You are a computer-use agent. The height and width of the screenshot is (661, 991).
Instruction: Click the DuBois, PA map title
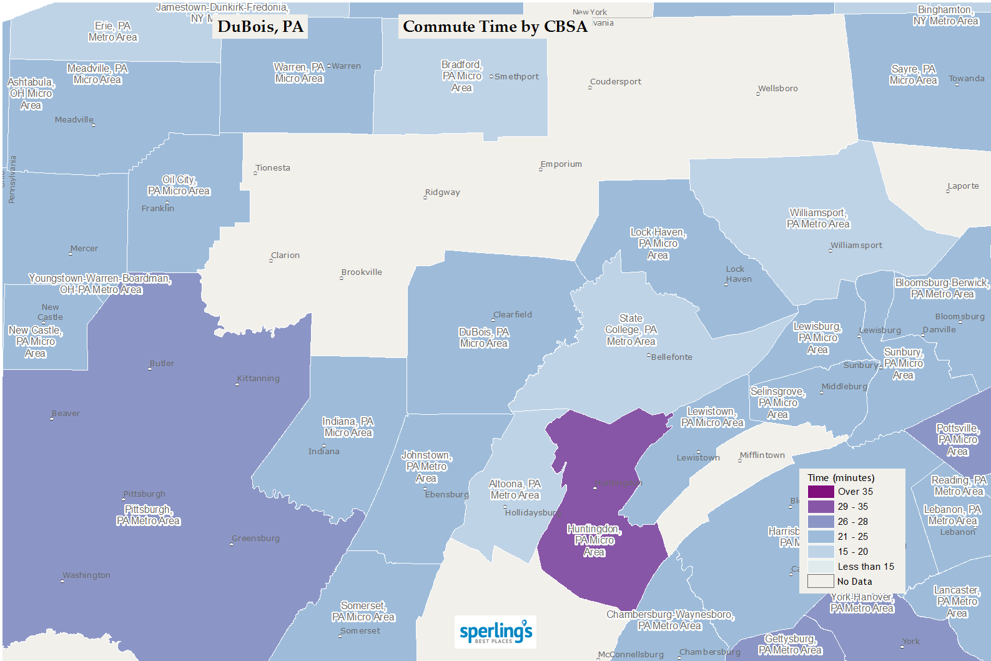pyautogui.click(x=260, y=27)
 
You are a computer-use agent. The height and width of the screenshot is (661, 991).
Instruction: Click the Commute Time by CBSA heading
pyautogui.click(x=495, y=27)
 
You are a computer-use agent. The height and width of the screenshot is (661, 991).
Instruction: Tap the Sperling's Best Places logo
pyautogui.click(x=496, y=632)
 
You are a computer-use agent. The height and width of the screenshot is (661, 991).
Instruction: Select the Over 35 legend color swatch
pyautogui.click(x=821, y=492)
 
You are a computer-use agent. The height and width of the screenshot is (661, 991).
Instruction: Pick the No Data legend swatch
pyautogui.click(x=821, y=582)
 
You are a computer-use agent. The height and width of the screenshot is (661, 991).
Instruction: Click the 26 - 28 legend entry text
pyautogui.click(x=852, y=522)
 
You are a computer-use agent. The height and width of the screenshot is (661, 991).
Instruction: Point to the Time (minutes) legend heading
pyautogui.click(x=841, y=477)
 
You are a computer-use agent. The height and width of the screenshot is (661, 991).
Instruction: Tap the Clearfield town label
pyautogui.click(x=513, y=315)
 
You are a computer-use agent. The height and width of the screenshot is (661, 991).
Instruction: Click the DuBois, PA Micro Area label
pyautogui.click(x=484, y=337)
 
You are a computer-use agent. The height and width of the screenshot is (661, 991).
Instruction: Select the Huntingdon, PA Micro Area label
pyautogui.click(x=594, y=540)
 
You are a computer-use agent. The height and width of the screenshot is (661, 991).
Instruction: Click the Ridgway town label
pyautogui.click(x=442, y=192)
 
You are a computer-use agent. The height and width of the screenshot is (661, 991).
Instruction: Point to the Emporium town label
pyautogui.click(x=561, y=164)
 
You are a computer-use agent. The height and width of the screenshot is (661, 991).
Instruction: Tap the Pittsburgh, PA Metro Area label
pyautogui.click(x=148, y=515)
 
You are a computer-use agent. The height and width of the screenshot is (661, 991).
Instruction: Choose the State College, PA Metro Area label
pyautogui.click(x=631, y=330)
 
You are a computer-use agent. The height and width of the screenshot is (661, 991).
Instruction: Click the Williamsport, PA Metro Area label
pyautogui.click(x=818, y=219)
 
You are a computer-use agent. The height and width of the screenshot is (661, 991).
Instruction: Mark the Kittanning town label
pyautogui.click(x=259, y=379)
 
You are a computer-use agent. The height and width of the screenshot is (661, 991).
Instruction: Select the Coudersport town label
pyautogui.click(x=616, y=82)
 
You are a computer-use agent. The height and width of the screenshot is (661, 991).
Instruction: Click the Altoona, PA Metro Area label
pyautogui.click(x=515, y=490)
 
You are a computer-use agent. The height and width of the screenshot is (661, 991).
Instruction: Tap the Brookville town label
pyautogui.click(x=362, y=272)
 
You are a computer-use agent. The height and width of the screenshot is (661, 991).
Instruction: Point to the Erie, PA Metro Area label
pyautogui.click(x=113, y=32)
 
